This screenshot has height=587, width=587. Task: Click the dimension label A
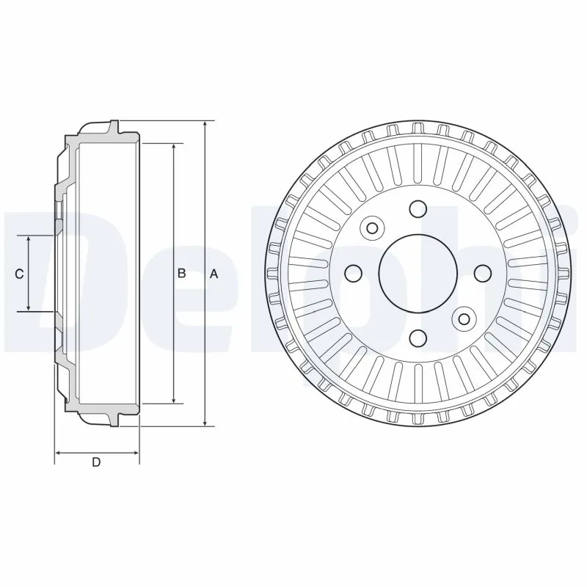point(214,274)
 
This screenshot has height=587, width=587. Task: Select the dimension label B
point(181,274)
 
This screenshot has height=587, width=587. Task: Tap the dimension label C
point(21,274)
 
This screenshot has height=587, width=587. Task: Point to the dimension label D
point(96,462)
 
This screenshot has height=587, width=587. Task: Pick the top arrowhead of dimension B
point(174,147)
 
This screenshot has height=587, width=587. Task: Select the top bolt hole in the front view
point(418,209)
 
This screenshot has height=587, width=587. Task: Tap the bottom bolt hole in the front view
point(418,338)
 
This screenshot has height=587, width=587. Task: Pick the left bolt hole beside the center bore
point(354,274)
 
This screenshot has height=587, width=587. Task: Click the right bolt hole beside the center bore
point(481,274)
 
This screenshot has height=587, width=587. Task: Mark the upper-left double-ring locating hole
point(372,228)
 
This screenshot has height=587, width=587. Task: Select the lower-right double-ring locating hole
point(463,318)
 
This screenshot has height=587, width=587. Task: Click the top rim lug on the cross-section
point(113,127)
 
